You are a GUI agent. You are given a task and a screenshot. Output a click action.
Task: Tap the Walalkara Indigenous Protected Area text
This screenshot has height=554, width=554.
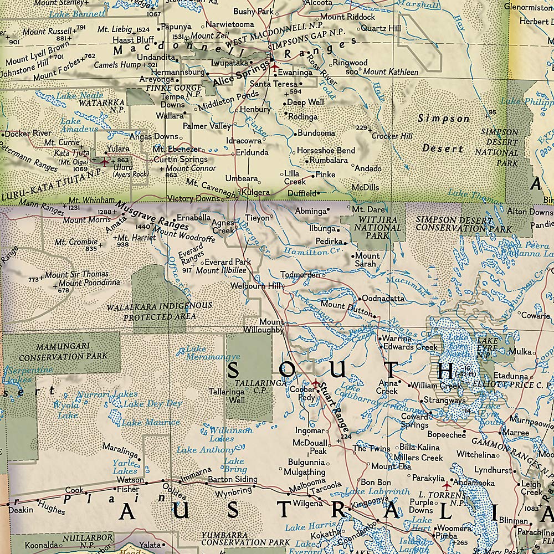click(x=160, y=311)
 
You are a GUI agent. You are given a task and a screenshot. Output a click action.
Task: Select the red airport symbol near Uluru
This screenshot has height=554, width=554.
click(x=104, y=162)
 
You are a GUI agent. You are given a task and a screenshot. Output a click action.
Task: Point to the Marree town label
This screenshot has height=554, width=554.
click(x=519, y=432)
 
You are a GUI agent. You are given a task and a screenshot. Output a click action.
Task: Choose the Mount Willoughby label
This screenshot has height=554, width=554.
click(x=271, y=326)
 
